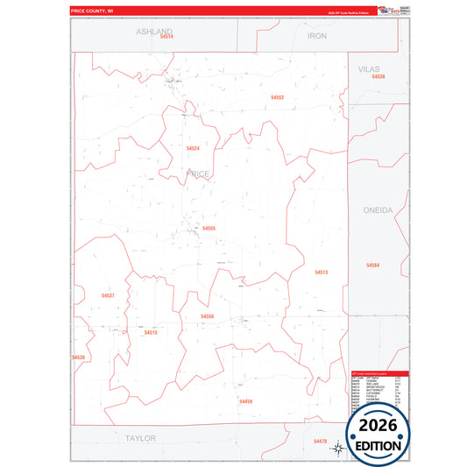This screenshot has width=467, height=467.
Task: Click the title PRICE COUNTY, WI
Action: pos(94,11)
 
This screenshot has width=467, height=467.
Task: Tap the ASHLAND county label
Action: pos(155,31)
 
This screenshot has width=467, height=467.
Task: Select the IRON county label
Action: pos(317,36)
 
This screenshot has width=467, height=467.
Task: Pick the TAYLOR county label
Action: pos(140,437)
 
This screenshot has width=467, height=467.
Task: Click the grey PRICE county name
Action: pos(198,174)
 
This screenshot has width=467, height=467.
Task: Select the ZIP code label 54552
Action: pos(277,97)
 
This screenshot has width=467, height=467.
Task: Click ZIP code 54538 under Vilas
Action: pos(378,77)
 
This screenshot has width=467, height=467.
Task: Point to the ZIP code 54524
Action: pos(193,149)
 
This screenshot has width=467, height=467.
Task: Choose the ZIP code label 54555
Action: pos(209,229)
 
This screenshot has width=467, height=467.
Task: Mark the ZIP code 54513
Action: pos(322,272)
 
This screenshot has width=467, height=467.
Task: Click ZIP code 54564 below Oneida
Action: pos(373,265)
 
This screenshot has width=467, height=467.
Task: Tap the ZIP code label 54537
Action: pos(108,295)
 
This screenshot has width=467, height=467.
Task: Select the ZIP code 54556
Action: pos(208,316)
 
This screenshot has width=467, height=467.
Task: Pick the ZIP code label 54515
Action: pos(151,333)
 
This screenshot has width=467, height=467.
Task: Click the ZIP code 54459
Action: pos(245,401)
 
